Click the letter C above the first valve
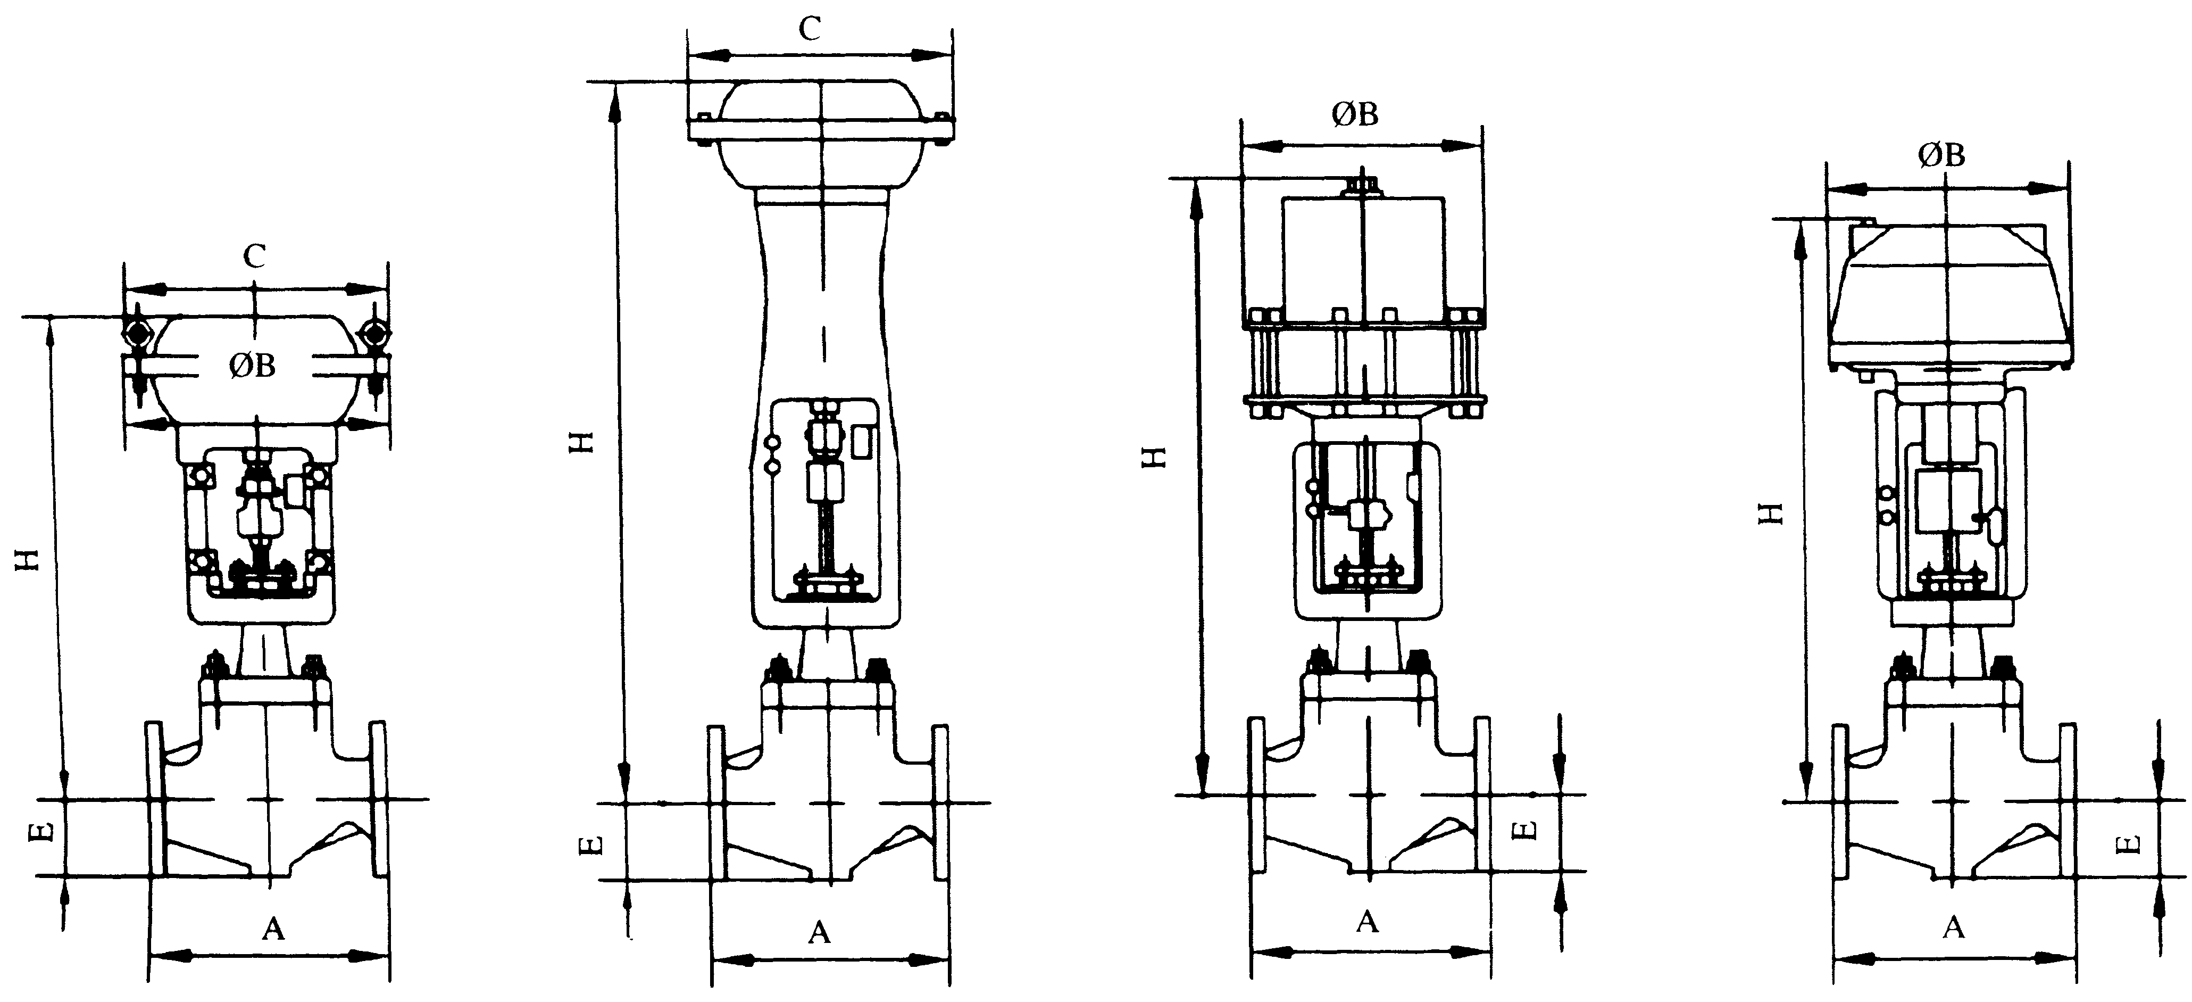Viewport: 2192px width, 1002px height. (254, 256)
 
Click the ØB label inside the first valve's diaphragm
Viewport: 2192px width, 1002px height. (253, 366)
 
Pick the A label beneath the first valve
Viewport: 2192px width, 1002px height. (272, 930)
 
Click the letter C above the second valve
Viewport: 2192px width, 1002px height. (809, 30)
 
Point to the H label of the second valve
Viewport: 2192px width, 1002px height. (581, 442)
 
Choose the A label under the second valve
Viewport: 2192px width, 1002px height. (819, 933)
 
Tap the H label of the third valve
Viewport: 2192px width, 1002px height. (1153, 459)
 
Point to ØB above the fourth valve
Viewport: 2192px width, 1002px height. (1943, 155)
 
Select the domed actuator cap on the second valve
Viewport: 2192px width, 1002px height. (821, 136)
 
